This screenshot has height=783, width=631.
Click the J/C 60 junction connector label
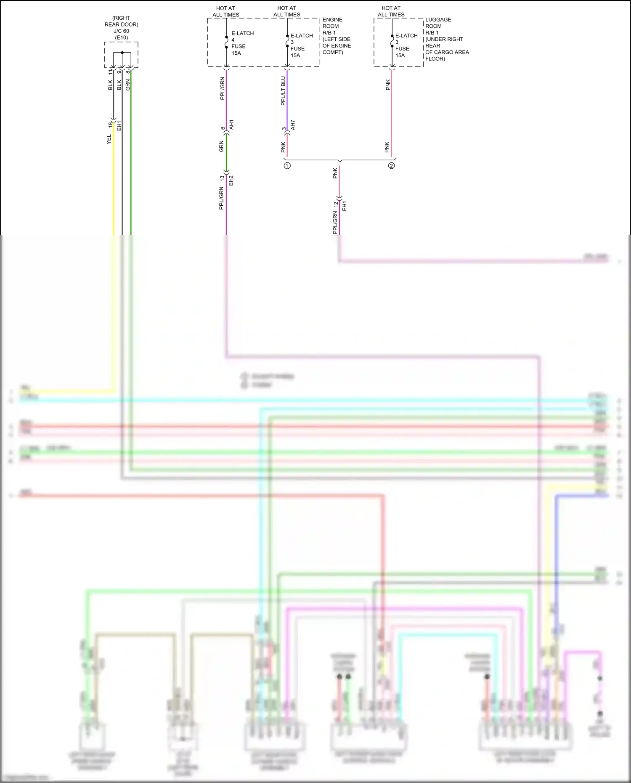(x=121, y=31)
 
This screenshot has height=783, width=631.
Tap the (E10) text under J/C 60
(x=121, y=37)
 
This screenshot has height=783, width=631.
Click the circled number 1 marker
(x=287, y=166)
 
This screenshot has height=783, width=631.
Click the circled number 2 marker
(x=391, y=166)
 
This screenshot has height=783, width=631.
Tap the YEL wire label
(x=109, y=139)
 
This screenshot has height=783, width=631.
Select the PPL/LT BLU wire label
(x=283, y=90)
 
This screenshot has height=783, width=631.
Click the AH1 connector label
(x=231, y=125)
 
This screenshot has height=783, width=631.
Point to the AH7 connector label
(x=293, y=125)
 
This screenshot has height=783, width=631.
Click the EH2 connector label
(x=231, y=180)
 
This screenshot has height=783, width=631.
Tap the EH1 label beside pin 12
(x=345, y=206)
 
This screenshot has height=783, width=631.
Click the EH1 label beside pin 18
(x=119, y=125)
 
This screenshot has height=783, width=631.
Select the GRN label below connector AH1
(x=221, y=146)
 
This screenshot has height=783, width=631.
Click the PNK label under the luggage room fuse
(x=388, y=85)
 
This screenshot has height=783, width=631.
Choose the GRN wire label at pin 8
(x=128, y=85)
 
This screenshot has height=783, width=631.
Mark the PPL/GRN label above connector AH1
(x=222, y=88)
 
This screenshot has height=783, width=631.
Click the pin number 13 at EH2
(x=222, y=178)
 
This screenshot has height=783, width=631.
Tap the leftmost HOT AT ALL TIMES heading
(x=225, y=11)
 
